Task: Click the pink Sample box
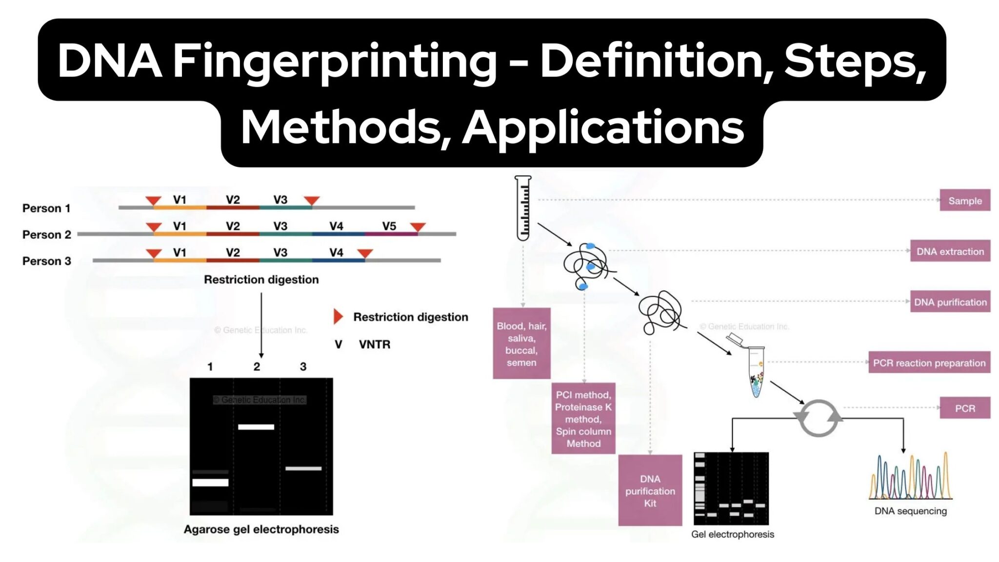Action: [x=964, y=201]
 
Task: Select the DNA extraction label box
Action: [x=950, y=251]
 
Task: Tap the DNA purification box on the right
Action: [x=950, y=302]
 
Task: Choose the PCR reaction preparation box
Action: [x=929, y=362]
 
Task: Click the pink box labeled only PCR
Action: [x=964, y=408]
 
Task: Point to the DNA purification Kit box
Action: [x=650, y=490]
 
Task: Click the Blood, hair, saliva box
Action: [x=521, y=343]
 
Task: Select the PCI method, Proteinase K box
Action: [x=583, y=419]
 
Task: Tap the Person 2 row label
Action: [x=47, y=235]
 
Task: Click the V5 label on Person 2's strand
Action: [x=389, y=226]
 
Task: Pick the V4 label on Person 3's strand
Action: [x=336, y=253]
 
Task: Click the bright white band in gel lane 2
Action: [x=256, y=427]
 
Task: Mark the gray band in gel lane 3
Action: [x=303, y=468]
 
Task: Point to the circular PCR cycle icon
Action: [x=818, y=418]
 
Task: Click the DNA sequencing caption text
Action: [x=910, y=511]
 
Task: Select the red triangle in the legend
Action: [x=338, y=317]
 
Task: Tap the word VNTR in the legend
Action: [x=375, y=344]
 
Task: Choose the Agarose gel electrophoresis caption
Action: [x=261, y=529]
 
